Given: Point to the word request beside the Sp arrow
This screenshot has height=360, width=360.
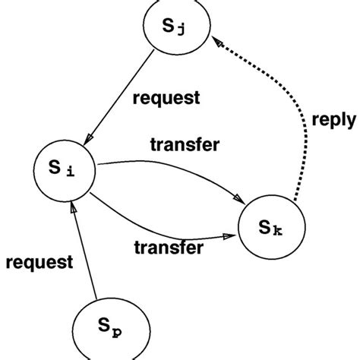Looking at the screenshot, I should click(x=39, y=264).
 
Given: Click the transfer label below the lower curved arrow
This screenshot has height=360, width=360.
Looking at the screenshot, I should click(x=169, y=247).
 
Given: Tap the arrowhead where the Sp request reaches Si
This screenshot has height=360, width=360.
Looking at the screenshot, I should click(x=72, y=207).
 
